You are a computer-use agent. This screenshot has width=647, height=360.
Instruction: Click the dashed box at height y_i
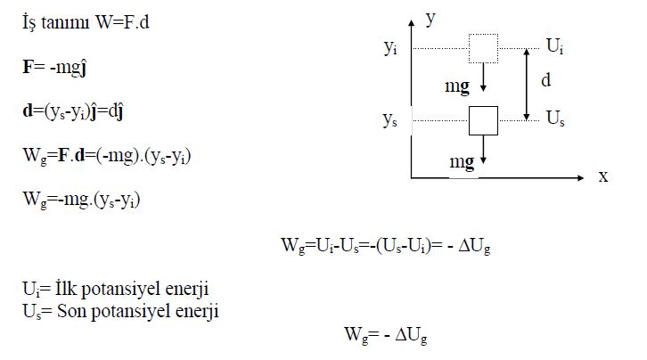[x=483, y=49]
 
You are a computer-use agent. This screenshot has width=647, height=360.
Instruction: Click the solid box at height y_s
[x=483, y=119]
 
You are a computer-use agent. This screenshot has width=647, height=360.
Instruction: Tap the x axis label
[x=603, y=176]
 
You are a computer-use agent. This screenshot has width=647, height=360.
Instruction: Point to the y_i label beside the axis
[x=390, y=50]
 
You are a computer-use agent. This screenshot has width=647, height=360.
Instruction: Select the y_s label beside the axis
[x=390, y=120]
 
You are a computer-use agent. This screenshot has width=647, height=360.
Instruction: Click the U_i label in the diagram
[x=553, y=46]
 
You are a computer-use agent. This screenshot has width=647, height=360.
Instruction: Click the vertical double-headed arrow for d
[x=528, y=84]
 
